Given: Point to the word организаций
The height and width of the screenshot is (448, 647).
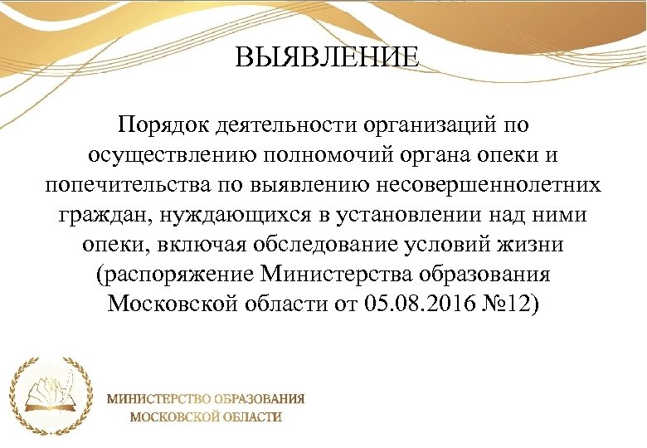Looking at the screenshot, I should (428, 127).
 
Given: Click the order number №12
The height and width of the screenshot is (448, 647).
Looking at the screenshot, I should (513, 304).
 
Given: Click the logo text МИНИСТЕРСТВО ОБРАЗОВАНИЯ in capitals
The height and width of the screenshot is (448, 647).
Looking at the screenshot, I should (205, 398).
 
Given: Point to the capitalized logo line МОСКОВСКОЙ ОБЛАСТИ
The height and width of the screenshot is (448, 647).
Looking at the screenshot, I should (205, 416).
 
